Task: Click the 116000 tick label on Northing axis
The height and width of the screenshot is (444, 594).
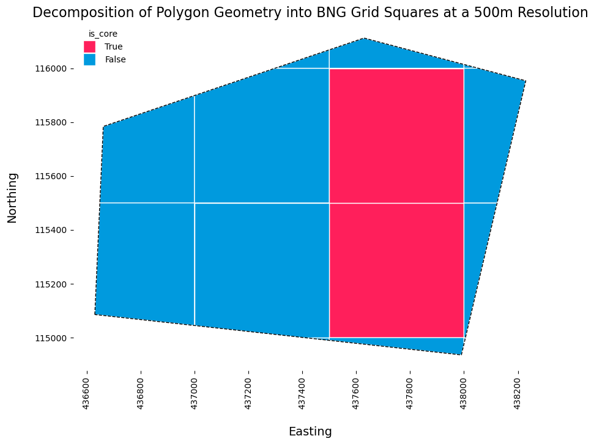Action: pos(51,69)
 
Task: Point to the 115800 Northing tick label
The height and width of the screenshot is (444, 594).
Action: pos(51,123)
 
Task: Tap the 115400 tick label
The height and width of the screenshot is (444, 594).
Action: pos(51,231)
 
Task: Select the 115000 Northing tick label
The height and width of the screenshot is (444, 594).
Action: pos(51,338)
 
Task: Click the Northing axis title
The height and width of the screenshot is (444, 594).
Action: pos(12,198)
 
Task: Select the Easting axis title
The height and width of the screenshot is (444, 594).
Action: pos(310,432)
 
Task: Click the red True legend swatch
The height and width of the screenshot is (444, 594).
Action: pos(90,46)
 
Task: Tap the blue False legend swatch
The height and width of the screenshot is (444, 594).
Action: pos(90,59)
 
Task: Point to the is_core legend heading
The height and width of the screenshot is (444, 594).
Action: pos(103,34)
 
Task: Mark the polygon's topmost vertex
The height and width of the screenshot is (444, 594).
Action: pos(364,39)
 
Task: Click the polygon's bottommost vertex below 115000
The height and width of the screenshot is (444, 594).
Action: pos(461,355)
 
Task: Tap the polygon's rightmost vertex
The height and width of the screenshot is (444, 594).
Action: pos(525,81)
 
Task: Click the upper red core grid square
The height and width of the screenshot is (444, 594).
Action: pos(396,136)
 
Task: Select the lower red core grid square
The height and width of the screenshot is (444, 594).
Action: pos(396,270)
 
